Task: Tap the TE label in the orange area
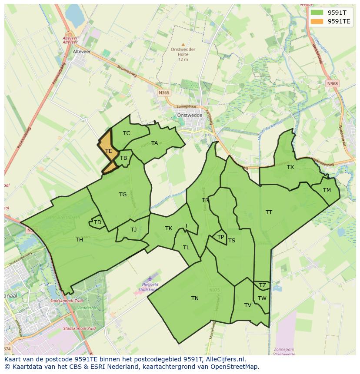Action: (x=109, y=151)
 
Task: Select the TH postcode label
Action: (x=79, y=239)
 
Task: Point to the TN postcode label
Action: (x=195, y=298)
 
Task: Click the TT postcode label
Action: (x=269, y=212)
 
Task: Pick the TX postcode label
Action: (x=290, y=167)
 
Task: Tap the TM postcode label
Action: (x=327, y=190)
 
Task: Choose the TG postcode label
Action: (x=123, y=195)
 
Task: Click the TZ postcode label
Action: (x=262, y=285)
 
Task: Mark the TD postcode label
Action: (x=97, y=222)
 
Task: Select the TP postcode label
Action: (x=220, y=237)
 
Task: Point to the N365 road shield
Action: (x=164, y=93)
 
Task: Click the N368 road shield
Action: (x=332, y=83)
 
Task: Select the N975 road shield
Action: (x=214, y=290)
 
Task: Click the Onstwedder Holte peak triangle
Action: (x=183, y=44)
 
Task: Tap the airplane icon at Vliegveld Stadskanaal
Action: (x=150, y=278)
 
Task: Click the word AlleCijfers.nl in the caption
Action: (x=224, y=359)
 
